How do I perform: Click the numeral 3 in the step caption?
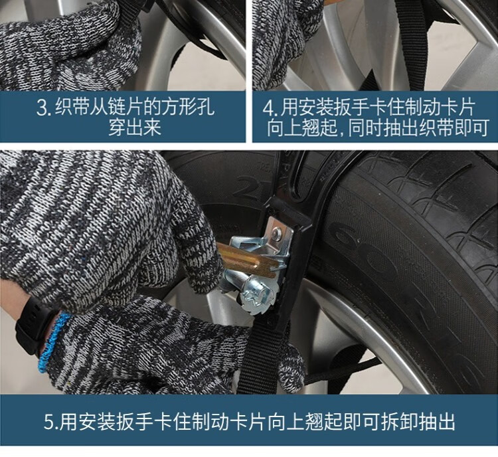coord(43,108)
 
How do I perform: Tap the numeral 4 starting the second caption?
coord(269,108)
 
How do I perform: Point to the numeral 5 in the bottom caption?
coord(50,421)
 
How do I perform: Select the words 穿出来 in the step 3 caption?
coord(135,128)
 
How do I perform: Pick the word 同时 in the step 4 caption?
coord(365,128)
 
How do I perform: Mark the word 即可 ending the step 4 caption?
coord(472,128)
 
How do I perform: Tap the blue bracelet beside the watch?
coord(52,342)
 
